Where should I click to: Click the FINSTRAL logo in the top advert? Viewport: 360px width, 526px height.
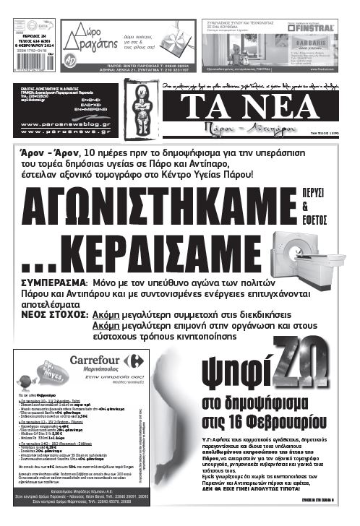pyautogui.click(x=312, y=30)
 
